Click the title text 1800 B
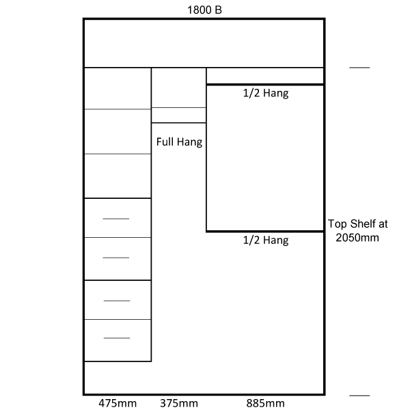204,10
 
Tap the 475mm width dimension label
118,403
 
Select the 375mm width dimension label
179,403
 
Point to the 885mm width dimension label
265,403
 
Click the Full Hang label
179,142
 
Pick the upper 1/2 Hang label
266,93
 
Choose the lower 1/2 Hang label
266,240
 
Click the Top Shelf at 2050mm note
357,231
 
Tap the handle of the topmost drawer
116,219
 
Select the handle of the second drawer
116,258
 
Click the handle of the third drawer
117,301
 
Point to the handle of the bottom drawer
117,338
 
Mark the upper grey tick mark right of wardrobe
359,68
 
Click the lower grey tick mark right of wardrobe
359,396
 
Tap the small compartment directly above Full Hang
178,115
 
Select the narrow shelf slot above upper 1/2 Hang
265,76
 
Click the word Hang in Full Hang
189,143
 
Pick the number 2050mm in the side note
357,238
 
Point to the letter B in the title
219,10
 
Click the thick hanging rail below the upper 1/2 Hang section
265,232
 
